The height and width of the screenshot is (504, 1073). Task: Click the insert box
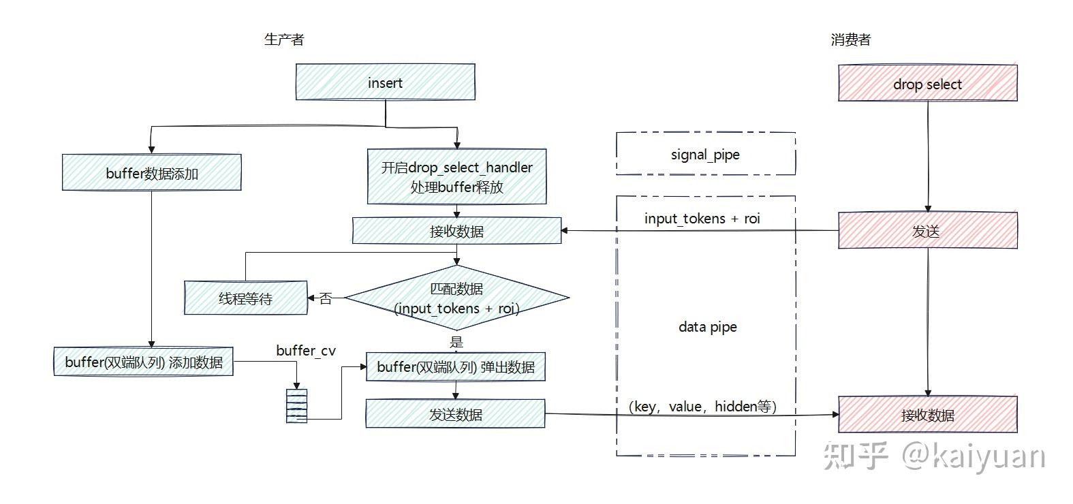pos(386,82)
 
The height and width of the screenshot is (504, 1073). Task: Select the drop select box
pos(928,83)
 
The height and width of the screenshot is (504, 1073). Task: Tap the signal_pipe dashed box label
pos(705,155)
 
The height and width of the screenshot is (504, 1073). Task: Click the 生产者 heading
pos(285,40)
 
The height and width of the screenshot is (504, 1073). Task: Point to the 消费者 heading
pos(851,40)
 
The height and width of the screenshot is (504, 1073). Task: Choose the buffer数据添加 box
pos(152,172)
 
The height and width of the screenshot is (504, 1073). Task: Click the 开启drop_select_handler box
pos(457,177)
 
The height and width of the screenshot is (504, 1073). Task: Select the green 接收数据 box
pos(457,231)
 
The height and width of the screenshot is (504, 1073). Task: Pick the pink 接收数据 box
pos(928,414)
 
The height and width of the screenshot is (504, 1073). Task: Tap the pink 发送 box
pos(928,230)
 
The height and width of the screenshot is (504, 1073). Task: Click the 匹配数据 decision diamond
pos(457,298)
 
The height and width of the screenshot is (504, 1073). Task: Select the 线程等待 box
pos(246,298)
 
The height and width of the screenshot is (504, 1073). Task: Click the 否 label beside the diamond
pos(326,299)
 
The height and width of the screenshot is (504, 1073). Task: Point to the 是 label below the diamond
pos(456,342)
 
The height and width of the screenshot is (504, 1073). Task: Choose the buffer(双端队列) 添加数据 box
pos(144,362)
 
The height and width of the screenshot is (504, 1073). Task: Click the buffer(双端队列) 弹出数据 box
pos(456,367)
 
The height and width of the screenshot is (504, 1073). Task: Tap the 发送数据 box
pos(456,414)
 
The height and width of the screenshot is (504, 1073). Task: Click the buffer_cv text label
pos(306,351)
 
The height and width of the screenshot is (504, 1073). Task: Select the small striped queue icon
pos(296,406)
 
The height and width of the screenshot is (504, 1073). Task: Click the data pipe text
pos(708,327)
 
